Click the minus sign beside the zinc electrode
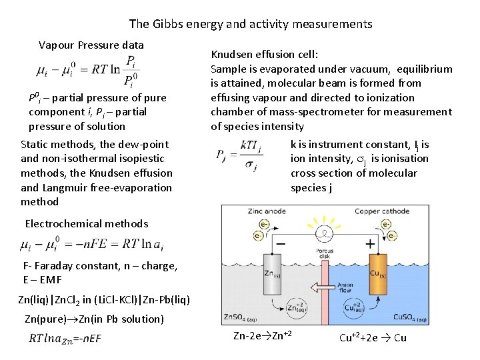[x=281, y=244]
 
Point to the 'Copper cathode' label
[x=379, y=211]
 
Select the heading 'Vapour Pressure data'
[x=91, y=45]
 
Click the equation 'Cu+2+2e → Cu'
[x=373, y=337]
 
